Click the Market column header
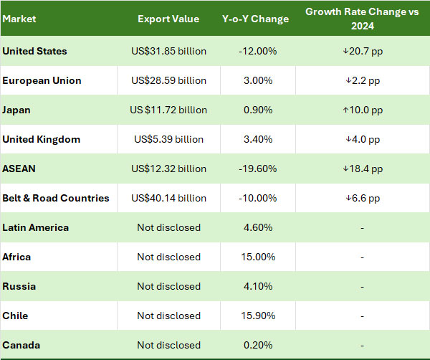(x=19, y=19)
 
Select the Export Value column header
(x=168, y=19)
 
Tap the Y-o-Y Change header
(x=255, y=19)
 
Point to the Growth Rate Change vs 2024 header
(x=363, y=19)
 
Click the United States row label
(x=35, y=52)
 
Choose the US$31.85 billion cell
(x=168, y=52)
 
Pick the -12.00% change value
(x=255, y=52)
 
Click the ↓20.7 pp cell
(x=363, y=52)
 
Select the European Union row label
(x=42, y=81)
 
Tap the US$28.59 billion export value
(x=168, y=81)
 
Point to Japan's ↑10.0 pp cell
(x=363, y=110)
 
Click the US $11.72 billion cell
(x=168, y=110)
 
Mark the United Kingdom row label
(x=42, y=140)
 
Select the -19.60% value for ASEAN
(x=255, y=169)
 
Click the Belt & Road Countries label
(x=56, y=199)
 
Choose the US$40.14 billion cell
(x=168, y=199)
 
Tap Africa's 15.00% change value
(x=255, y=257)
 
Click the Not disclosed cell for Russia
(x=168, y=287)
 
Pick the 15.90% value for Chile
(x=255, y=316)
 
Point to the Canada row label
(x=21, y=346)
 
